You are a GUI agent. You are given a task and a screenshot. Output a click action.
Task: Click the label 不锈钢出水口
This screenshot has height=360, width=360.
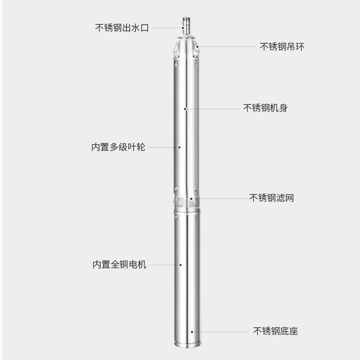click(121, 27)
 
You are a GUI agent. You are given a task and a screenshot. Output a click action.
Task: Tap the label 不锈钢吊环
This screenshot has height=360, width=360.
click(282, 46)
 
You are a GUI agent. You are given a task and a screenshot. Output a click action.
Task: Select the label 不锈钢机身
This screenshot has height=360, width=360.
click(265, 108)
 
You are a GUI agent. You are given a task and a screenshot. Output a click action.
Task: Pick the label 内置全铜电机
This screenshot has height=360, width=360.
click(119, 265)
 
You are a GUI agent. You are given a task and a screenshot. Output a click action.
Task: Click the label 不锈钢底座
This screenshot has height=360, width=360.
click(275, 332)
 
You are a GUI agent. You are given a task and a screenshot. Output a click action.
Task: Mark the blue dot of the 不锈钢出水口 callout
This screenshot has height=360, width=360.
click(184, 27)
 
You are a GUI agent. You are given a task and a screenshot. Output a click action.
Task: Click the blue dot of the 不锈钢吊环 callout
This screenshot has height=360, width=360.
click(197, 46)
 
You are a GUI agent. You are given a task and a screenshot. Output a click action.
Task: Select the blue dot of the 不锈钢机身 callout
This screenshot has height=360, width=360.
click(185, 108)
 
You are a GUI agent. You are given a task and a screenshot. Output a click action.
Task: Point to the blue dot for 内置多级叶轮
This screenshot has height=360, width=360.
click(179, 147)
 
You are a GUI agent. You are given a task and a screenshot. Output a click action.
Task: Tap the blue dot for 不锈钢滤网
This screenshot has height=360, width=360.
click(191, 198)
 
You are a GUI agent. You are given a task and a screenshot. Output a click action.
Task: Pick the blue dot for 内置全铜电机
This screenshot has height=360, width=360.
click(180, 265)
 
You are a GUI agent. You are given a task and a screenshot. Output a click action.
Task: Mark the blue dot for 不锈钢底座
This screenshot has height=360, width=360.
click(192, 332)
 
